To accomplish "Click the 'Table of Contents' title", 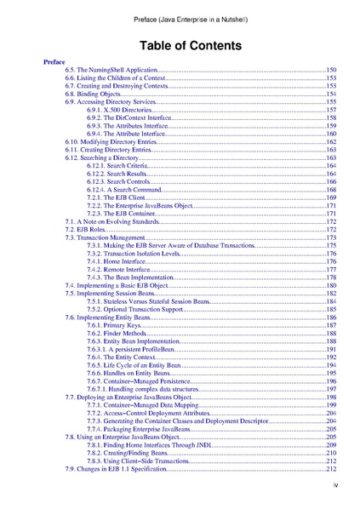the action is coord(180,44).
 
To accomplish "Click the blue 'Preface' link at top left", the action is coord(53,62).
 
